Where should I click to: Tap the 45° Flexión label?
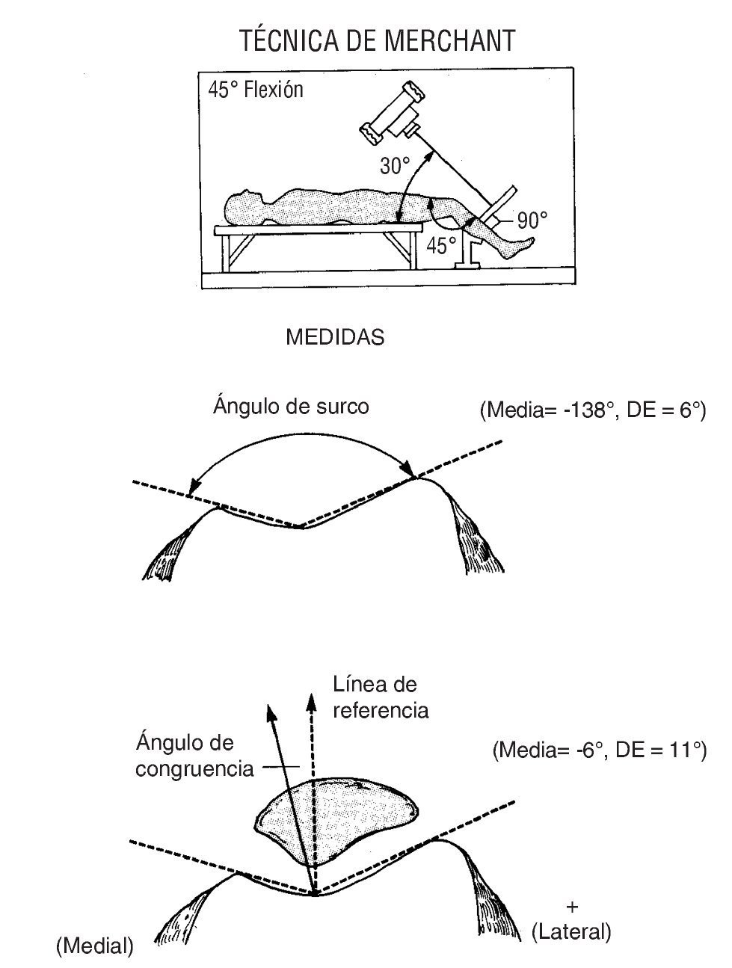pos(256,90)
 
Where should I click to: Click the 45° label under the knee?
pos(441,244)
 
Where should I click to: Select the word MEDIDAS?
pos(335,337)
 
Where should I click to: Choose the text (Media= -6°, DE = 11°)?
pos(598,750)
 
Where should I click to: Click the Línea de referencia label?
pos(381,697)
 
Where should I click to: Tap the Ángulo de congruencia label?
pos(194,756)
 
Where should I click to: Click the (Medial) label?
pos(95,947)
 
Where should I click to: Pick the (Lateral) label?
pos(571,932)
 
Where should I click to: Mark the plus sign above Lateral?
pos(573,907)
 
